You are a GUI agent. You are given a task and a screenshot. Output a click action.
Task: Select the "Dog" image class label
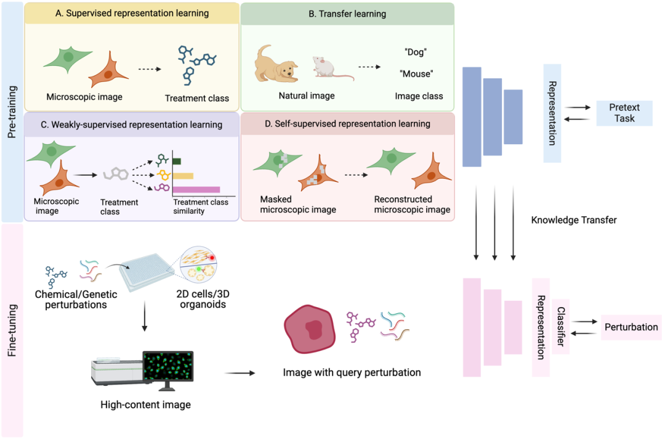[x=416, y=52]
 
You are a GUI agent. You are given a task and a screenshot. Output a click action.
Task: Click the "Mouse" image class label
[x=416, y=74]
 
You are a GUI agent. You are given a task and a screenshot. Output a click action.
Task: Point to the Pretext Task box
[x=624, y=113]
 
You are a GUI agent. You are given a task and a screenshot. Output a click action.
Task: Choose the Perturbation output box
[x=632, y=327]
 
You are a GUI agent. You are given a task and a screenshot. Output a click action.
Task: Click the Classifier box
[x=561, y=327]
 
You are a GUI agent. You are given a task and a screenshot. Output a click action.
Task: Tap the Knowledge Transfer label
[x=573, y=220]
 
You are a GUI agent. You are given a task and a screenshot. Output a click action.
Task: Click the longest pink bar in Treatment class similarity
[x=196, y=189]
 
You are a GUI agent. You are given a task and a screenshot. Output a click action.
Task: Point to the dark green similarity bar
[x=176, y=162]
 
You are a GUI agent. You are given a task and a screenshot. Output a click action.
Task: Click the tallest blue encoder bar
[x=472, y=117]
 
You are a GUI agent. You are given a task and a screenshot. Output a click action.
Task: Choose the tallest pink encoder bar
[x=472, y=327]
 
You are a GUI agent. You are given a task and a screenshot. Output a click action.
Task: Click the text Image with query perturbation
[x=352, y=372]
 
